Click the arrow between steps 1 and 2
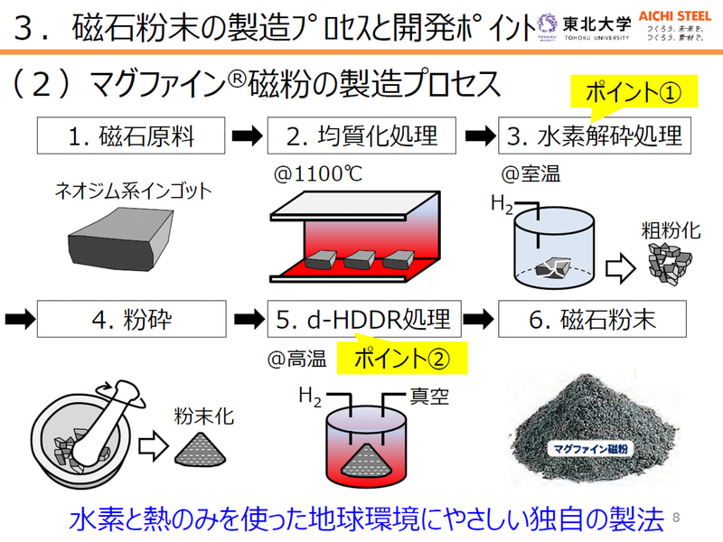click(x=247, y=137)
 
